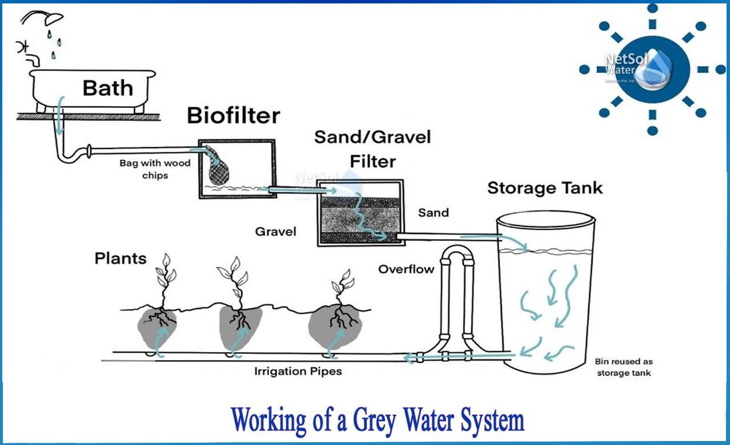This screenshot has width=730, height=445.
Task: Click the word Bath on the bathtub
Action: (108, 88)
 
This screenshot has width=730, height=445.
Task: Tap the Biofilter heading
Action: (233, 116)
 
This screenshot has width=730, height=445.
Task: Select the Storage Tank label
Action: (545, 188)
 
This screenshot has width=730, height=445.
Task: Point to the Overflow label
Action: (406, 269)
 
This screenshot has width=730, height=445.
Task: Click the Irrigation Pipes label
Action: (298, 371)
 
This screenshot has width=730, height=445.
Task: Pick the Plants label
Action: (120, 258)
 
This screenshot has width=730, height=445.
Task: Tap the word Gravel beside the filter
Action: (275, 232)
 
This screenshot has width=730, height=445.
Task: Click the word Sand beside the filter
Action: (433, 213)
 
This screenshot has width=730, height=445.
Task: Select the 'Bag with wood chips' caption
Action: (155, 169)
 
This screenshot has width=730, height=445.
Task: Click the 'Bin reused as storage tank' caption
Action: (623, 367)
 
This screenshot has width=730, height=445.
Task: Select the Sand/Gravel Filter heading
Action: (372, 149)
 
